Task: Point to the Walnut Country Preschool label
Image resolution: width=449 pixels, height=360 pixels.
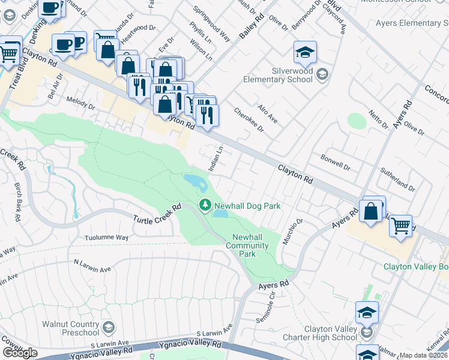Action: click(x=70, y=328)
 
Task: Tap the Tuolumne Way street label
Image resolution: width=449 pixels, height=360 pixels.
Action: click(x=107, y=238)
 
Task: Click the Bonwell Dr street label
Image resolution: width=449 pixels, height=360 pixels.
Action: click(x=335, y=163)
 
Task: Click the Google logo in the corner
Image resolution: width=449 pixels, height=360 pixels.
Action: click(x=19, y=353)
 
